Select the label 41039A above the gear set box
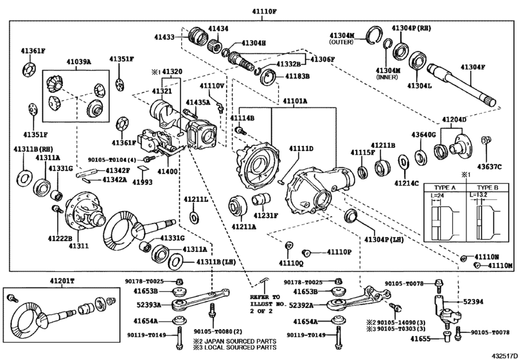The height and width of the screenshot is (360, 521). point(78,62)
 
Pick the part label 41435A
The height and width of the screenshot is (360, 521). point(199,102)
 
